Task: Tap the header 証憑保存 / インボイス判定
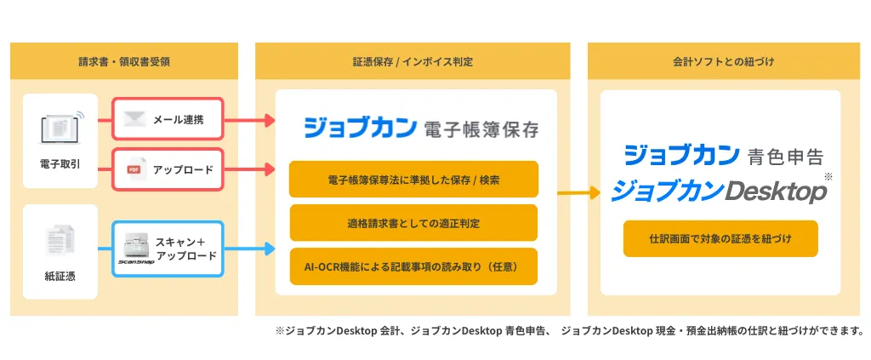click(x=413, y=61)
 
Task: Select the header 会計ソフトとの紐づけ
click(x=722, y=61)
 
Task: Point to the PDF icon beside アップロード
click(x=133, y=169)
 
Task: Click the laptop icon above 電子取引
click(x=60, y=129)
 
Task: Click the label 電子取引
click(x=60, y=162)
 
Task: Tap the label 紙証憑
click(x=60, y=276)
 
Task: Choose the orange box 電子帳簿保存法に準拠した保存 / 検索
click(x=413, y=180)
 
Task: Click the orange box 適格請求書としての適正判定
click(x=413, y=223)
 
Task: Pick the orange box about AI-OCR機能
click(x=413, y=266)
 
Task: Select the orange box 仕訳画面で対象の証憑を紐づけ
click(x=720, y=239)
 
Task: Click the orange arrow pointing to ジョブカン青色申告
click(x=578, y=193)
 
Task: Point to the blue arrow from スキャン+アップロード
click(x=250, y=249)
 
